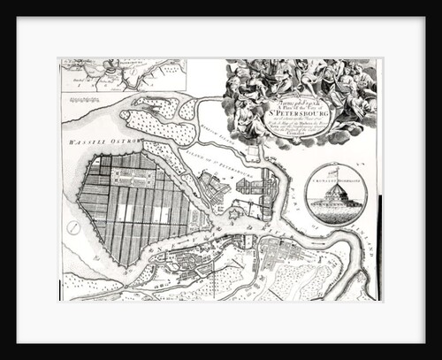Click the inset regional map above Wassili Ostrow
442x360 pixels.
point(122,76)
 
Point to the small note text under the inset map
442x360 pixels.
point(88,88)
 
